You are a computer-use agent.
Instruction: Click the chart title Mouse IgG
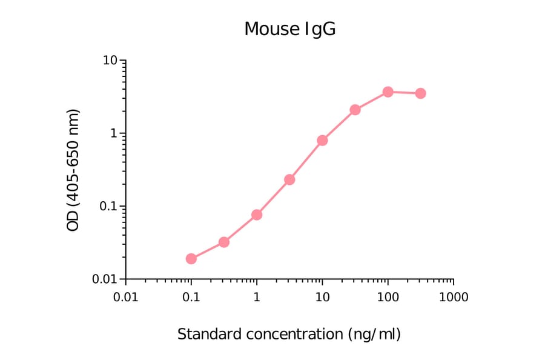click(x=289, y=28)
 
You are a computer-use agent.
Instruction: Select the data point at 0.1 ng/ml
click(x=191, y=259)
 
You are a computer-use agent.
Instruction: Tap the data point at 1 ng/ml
click(x=257, y=215)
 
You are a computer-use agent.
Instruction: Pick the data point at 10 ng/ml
click(x=322, y=140)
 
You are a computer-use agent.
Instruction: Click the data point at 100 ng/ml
click(x=388, y=92)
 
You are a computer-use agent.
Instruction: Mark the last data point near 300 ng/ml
click(x=420, y=93)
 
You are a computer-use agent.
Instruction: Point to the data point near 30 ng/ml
click(x=355, y=110)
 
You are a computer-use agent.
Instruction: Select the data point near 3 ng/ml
click(x=289, y=179)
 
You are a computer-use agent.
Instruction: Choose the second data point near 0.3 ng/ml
click(x=224, y=242)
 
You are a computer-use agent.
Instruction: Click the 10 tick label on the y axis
click(x=110, y=61)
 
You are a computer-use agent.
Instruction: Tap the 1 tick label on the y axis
click(x=114, y=133)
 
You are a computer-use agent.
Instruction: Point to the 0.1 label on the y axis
click(x=108, y=206)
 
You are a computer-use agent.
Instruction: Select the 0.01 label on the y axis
click(x=105, y=279)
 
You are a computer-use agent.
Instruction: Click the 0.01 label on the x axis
click(x=125, y=297)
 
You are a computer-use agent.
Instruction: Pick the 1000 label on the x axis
click(x=453, y=297)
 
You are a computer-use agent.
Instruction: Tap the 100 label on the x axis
click(x=388, y=297)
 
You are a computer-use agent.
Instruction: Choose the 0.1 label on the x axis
click(x=191, y=297)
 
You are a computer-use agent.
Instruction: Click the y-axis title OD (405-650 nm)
click(x=73, y=170)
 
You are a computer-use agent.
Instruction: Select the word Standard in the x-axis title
click(x=206, y=334)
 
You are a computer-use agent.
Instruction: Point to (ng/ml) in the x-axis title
click(x=374, y=334)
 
